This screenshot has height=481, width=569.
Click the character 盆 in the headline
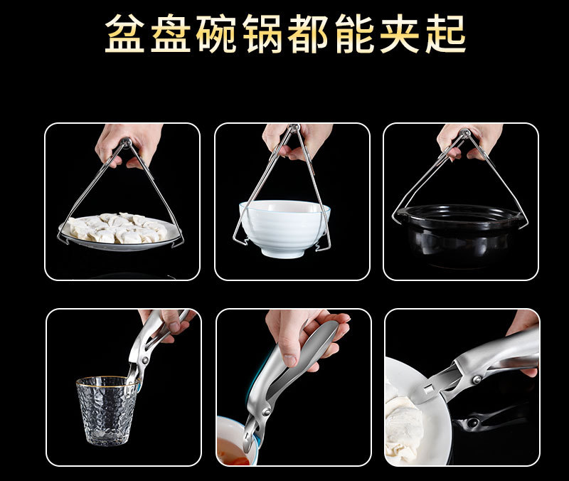pos(125,33)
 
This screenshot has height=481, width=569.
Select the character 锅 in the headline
pos(262,33)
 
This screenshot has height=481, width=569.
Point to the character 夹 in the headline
pos(400,33)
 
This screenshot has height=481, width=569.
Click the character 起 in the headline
pos(446,33)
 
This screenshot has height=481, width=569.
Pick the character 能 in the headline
pos(354,33)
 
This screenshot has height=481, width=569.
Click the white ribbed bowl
pos(284,228)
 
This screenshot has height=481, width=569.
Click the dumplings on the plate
pos(117,228)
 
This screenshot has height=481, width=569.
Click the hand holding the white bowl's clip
pos(297,142)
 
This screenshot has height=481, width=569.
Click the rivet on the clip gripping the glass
pos(145,361)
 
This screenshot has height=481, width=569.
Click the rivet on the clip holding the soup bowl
pos(266,413)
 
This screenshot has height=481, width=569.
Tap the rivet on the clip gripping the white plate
pos(477,380)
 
